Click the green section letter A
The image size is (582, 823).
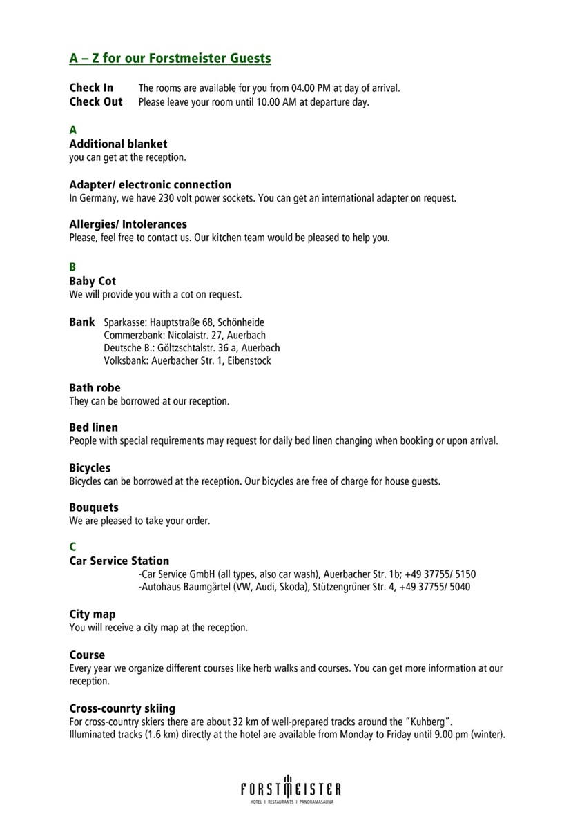(72, 130)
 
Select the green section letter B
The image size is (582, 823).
(72, 267)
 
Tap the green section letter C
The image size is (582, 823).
(72, 547)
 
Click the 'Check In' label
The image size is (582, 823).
(91, 88)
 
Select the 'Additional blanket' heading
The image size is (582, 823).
(118, 144)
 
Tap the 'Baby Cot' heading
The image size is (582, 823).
(93, 281)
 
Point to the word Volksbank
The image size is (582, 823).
(124, 360)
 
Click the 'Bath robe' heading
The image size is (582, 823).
(95, 388)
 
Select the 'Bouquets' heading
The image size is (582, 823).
(93, 507)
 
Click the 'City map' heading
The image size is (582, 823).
(93, 614)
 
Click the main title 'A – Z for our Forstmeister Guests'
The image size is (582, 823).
(170, 58)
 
